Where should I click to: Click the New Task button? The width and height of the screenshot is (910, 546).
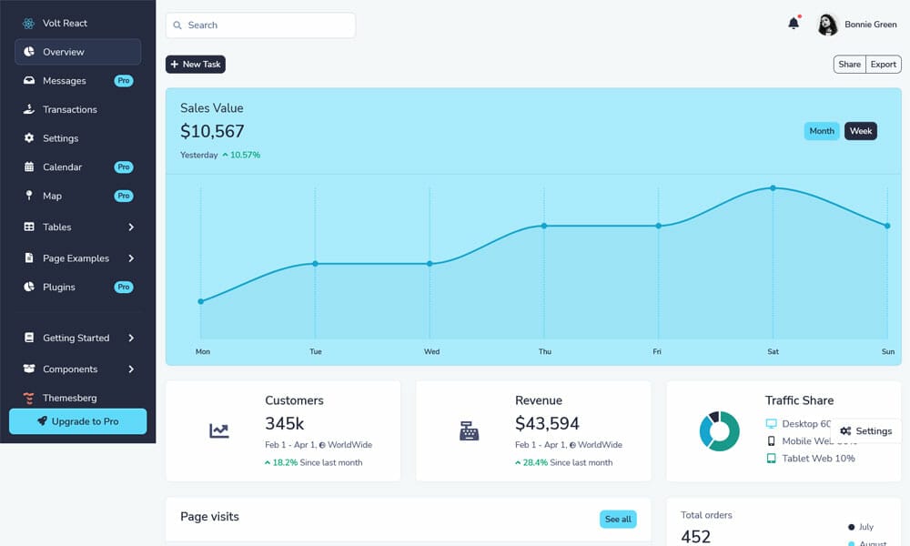(x=195, y=65)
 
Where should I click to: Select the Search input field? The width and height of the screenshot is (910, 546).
(x=260, y=25)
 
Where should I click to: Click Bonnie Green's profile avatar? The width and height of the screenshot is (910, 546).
(x=827, y=25)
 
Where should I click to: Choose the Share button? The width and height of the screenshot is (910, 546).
(x=849, y=65)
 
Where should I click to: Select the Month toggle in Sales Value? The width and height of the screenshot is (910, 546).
(x=822, y=131)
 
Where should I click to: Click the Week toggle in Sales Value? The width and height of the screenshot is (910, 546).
(x=861, y=131)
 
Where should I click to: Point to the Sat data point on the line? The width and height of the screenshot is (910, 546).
(x=773, y=188)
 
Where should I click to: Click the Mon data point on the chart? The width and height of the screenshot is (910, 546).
(x=201, y=301)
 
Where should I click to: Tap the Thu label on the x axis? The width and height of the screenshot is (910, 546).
(x=544, y=351)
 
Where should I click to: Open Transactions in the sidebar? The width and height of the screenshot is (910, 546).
(x=69, y=109)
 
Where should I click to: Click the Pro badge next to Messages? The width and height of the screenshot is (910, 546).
(x=124, y=81)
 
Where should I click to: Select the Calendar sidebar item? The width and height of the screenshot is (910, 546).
(x=62, y=167)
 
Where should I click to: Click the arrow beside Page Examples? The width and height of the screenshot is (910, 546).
(x=131, y=258)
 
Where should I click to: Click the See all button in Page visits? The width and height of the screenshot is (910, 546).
(x=618, y=520)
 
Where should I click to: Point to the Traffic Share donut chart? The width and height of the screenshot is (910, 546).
(x=719, y=430)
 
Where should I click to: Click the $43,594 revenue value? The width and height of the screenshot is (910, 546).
(x=547, y=423)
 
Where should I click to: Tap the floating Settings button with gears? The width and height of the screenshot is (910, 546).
(x=865, y=431)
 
